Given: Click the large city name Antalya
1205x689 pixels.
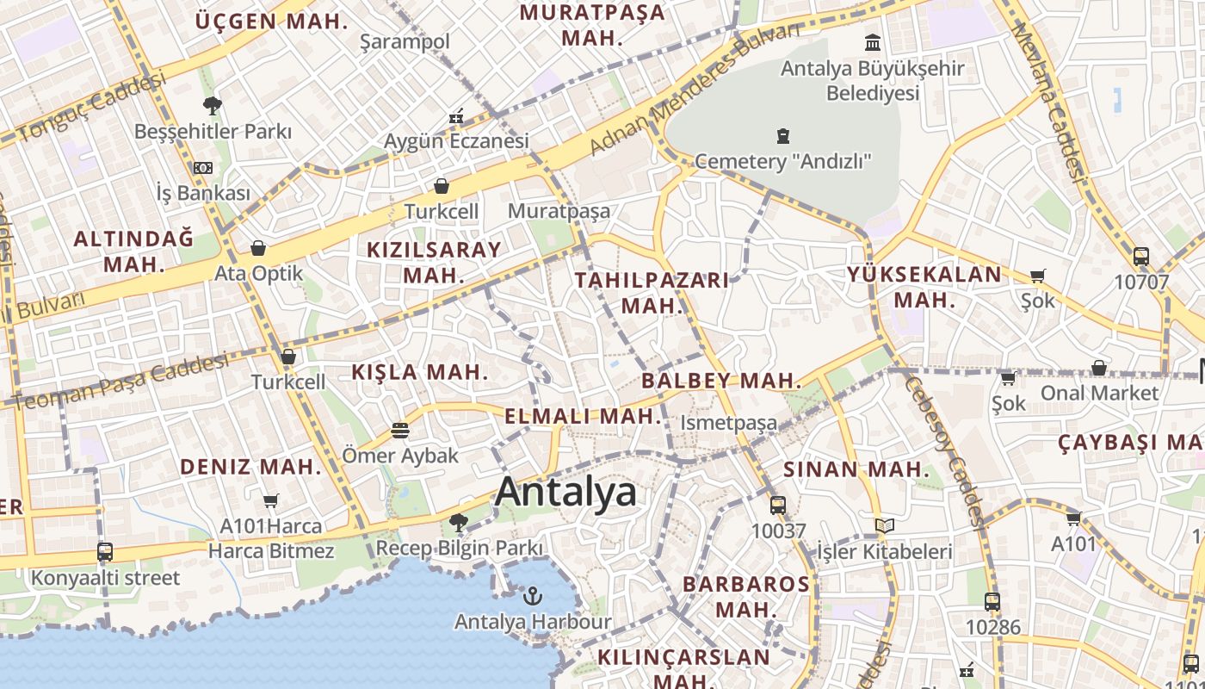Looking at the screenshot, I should (x=565, y=492).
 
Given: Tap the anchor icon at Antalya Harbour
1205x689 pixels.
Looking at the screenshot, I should (x=533, y=595).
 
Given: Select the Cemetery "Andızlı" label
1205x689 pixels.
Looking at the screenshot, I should (x=783, y=161).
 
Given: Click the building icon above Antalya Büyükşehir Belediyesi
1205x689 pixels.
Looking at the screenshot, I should (x=873, y=42).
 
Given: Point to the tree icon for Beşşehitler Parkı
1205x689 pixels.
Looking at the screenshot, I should (x=212, y=106).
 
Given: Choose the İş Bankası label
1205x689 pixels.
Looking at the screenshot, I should (x=203, y=193).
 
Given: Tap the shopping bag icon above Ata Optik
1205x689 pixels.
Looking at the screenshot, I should (x=258, y=249).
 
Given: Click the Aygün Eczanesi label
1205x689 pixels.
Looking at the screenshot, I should (x=456, y=140).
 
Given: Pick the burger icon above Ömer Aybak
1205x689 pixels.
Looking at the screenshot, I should (x=400, y=429).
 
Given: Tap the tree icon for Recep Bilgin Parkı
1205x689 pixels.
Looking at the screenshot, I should (x=459, y=522).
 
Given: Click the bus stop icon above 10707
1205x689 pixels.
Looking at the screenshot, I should (x=1141, y=256).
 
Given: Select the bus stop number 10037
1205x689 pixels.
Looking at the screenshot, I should (x=778, y=531).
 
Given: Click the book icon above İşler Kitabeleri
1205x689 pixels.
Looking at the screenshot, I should (x=884, y=525).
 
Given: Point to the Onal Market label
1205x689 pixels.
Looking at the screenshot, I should (x=1099, y=394).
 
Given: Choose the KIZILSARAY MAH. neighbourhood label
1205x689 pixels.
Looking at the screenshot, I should (x=434, y=263).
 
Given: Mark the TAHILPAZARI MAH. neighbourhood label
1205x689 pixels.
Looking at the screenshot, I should (x=652, y=293).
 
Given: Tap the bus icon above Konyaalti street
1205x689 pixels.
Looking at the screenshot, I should (x=105, y=551).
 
